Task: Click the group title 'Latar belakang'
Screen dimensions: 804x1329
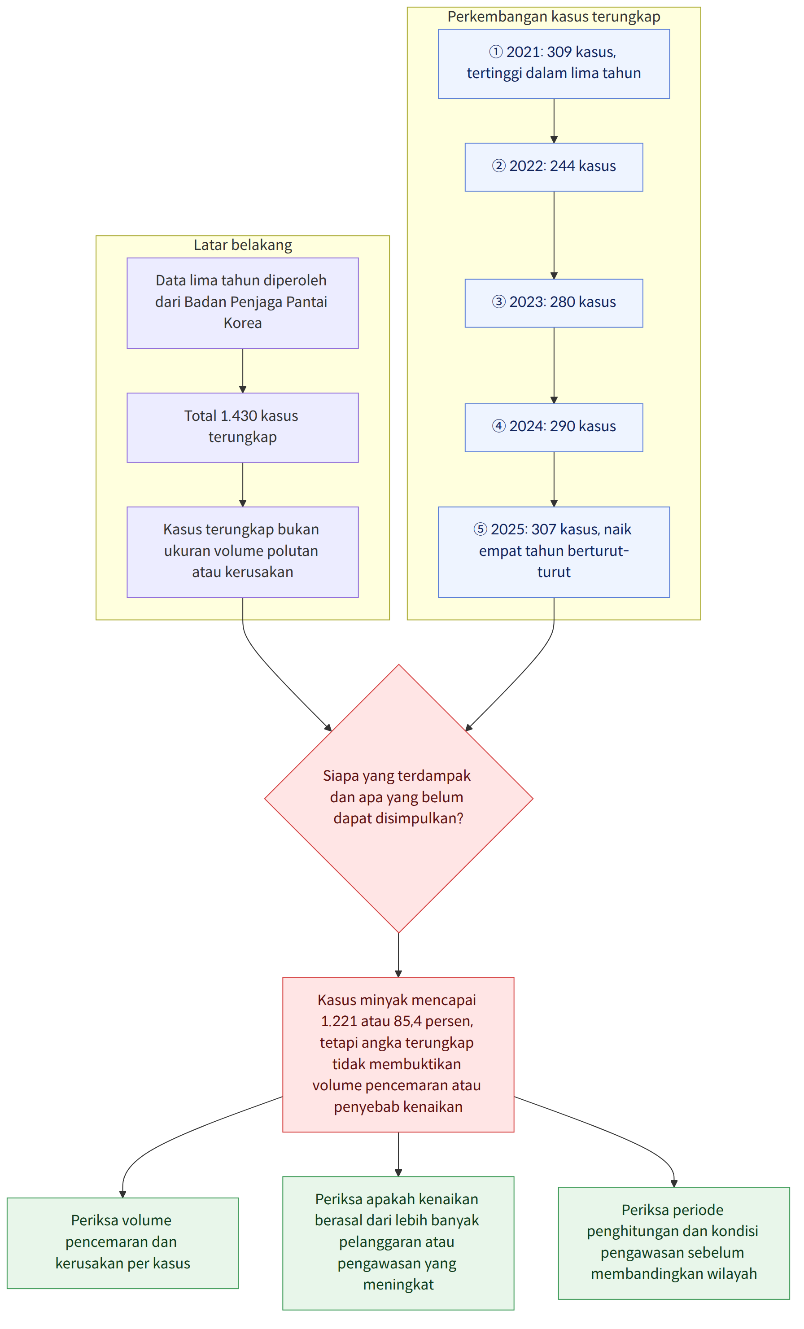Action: (243, 245)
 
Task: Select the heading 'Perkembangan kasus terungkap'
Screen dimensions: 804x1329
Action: (554, 17)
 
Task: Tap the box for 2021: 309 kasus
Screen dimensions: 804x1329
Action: (554, 64)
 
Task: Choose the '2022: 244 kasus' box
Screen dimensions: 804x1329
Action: (554, 167)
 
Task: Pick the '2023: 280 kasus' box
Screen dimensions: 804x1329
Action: (554, 303)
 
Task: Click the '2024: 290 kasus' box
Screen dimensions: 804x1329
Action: (554, 428)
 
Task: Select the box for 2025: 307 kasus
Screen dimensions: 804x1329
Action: (554, 552)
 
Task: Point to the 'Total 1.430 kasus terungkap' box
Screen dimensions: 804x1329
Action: (243, 428)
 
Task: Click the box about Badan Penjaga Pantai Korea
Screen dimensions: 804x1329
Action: (243, 303)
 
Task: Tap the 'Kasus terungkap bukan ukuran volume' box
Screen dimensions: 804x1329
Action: (243, 552)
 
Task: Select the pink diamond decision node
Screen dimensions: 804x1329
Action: (398, 798)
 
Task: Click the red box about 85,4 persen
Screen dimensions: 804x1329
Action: (398, 1054)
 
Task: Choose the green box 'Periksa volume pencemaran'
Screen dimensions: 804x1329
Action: (122, 1243)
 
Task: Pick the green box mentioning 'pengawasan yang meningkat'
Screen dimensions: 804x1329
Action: (398, 1243)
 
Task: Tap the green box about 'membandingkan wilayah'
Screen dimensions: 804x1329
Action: (674, 1243)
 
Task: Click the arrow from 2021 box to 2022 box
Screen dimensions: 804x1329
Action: (554, 121)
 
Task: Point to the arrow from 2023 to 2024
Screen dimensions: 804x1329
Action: (554, 365)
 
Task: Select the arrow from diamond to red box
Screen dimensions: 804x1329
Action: (398, 955)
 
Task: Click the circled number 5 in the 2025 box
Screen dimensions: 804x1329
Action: (480, 529)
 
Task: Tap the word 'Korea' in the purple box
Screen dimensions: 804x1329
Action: (243, 323)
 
